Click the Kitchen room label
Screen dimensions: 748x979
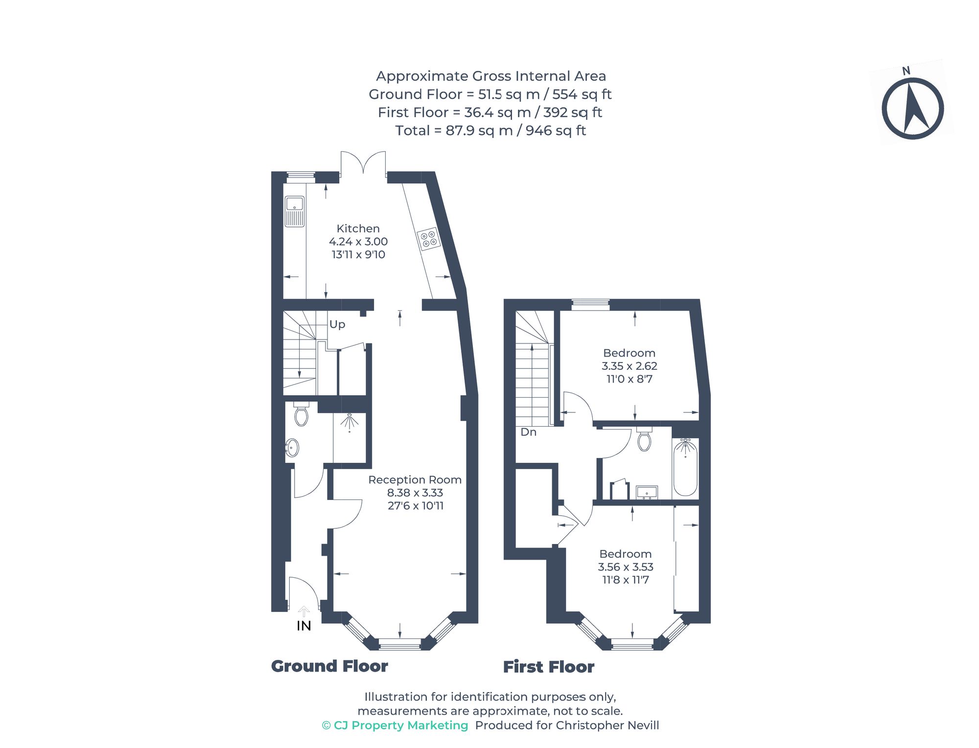358,228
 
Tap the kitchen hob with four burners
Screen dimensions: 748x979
429,239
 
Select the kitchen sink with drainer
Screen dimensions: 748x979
294,211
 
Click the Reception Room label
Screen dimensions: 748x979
415,480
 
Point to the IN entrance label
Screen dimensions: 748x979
303,626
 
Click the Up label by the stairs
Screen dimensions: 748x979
337,324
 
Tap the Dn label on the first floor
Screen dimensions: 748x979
528,432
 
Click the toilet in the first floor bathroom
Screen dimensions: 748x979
644,439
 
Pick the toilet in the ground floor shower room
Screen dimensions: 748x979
301,415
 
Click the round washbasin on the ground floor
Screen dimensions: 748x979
292,447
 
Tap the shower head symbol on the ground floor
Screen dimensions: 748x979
349,422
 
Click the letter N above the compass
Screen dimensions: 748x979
906,71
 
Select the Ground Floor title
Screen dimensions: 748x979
329,666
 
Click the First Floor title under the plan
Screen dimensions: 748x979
548,667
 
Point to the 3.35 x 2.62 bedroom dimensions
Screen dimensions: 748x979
629,366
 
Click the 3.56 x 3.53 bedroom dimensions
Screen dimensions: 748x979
625,567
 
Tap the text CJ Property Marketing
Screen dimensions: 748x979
400,725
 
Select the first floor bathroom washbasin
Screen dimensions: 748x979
647,492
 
